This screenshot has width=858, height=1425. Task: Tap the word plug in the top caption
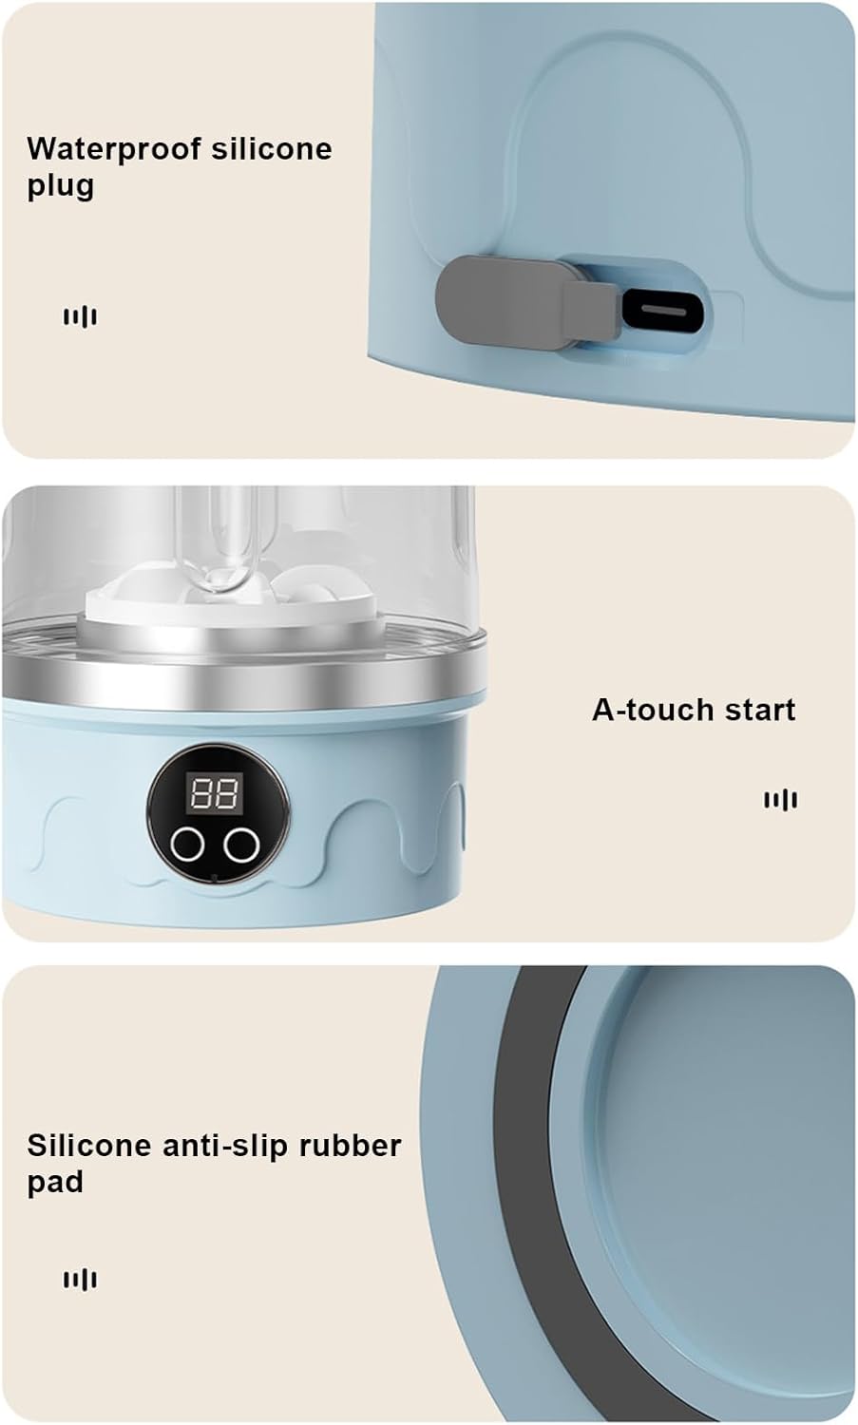[x=60, y=186]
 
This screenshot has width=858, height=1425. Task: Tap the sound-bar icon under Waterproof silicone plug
[x=80, y=316]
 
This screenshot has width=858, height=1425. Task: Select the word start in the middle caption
[x=758, y=710]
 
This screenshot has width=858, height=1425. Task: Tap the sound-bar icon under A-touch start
[x=780, y=800]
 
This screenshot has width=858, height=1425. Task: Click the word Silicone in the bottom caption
[x=87, y=1146]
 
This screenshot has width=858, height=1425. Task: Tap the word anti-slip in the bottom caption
[x=224, y=1146]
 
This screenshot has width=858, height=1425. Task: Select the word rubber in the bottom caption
[x=350, y=1146]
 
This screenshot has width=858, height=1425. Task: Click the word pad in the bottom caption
[x=55, y=1183]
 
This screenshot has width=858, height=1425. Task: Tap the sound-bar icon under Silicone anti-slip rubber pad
[x=80, y=1280]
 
